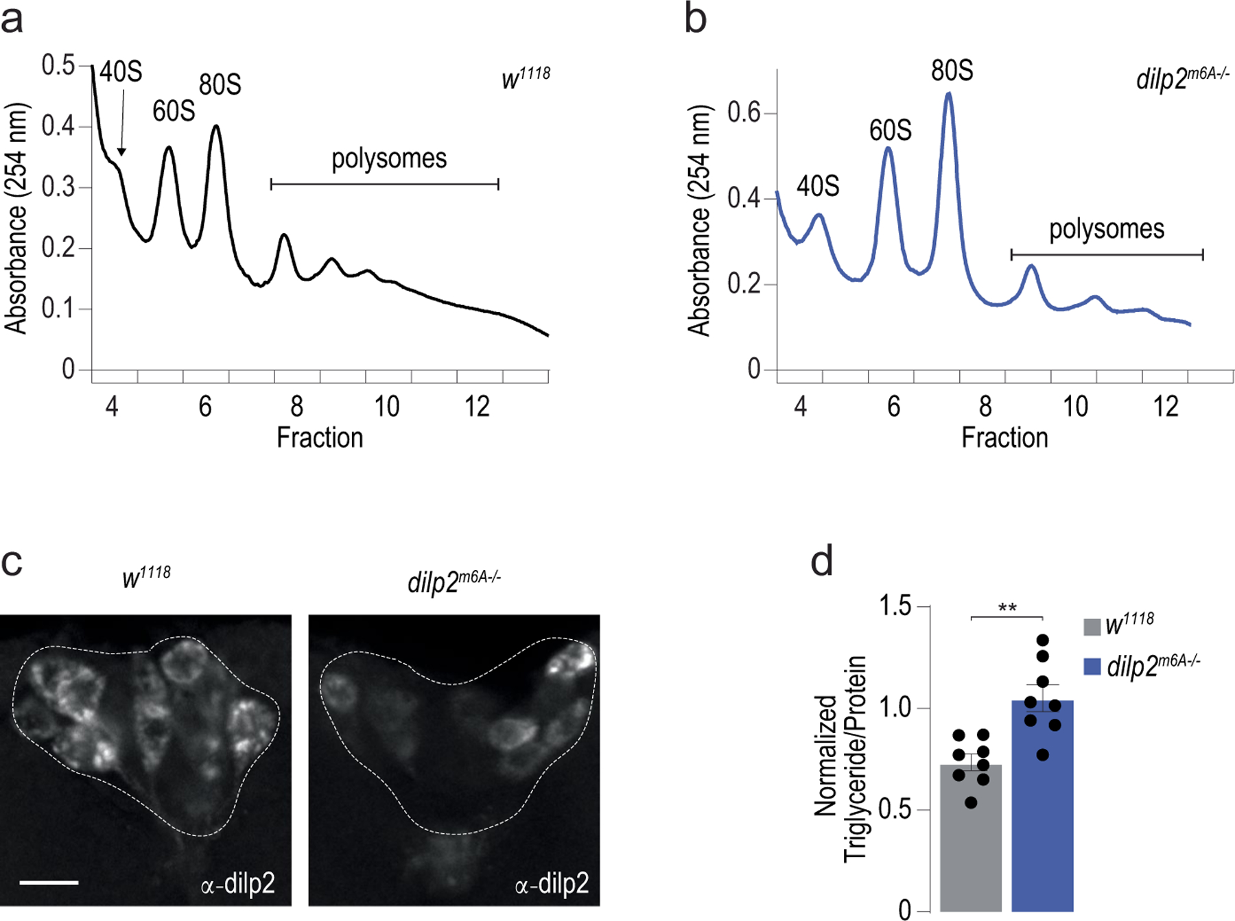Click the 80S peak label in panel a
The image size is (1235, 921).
pyautogui.click(x=220, y=85)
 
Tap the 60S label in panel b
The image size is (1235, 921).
pyautogui.click(x=890, y=130)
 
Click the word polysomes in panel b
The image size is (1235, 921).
pyautogui.click(x=1106, y=229)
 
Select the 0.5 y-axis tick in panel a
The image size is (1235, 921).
pyautogui.click(x=58, y=65)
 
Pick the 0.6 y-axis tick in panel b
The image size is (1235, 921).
pyautogui.click(x=744, y=113)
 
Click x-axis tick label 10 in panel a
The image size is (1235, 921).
pyautogui.click(x=386, y=407)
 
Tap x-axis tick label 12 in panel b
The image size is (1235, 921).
pyautogui.click(x=1165, y=407)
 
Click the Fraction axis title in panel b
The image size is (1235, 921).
pyautogui.click(x=1004, y=438)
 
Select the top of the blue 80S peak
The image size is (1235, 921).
pyautogui.click(x=949, y=93)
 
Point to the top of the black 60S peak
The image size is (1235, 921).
pyautogui.click(x=169, y=147)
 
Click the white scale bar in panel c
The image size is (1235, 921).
pyautogui.click(x=49, y=882)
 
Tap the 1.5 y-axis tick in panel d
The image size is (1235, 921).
pyautogui.click(x=895, y=606)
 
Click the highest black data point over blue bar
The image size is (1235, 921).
pyautogui.click(x=1043, y=641)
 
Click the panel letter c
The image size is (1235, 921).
pyautogui.click(x=12, y=562)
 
